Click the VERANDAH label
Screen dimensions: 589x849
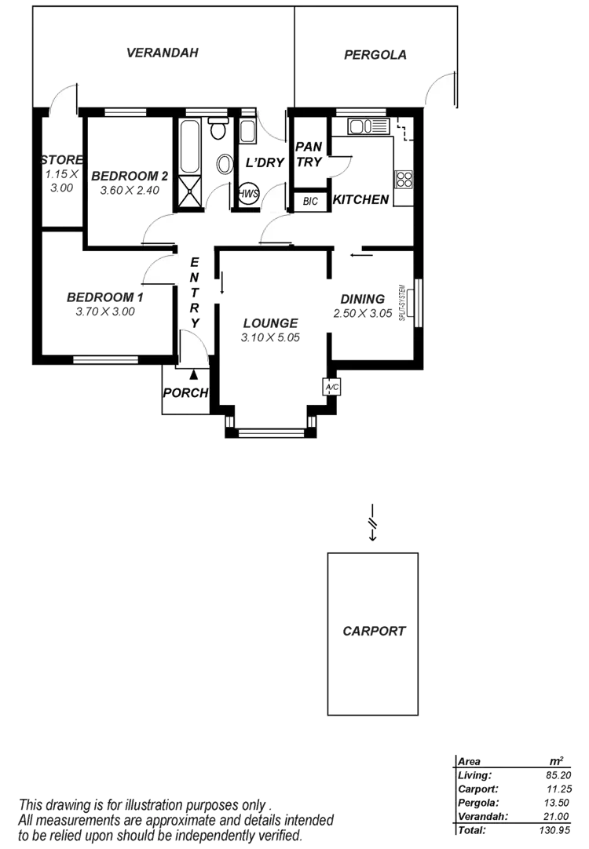[x=163, y=53]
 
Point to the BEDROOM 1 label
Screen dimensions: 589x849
[x=105, y=297]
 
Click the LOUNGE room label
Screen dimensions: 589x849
[x=270, y=322]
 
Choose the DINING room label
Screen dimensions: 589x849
[x=362, y=299]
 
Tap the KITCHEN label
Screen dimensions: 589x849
[x=361, y=200]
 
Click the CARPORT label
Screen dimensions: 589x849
[x=374, y=630]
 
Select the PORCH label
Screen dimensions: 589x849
[x=185, y=392]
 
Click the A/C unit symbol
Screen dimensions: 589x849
[x=331, y=387]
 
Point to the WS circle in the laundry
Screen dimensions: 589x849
[x=249, y=194]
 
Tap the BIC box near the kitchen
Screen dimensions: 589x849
[x=310, y=201]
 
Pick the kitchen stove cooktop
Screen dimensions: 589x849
[x=404, y=179]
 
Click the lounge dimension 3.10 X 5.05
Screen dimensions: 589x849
[x=270, y=338]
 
